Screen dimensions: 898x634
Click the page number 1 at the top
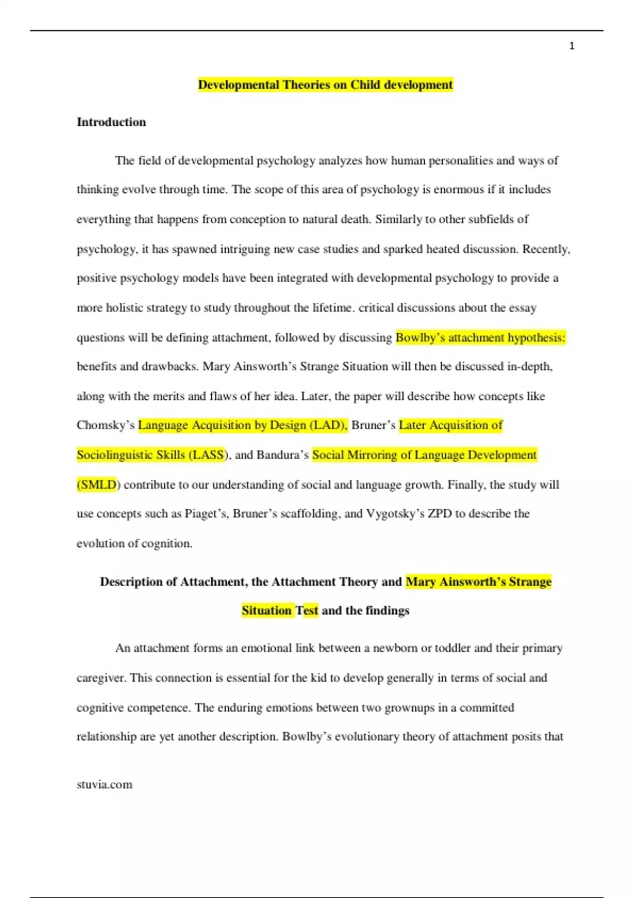point(572,46)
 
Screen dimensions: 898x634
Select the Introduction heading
point(111,122)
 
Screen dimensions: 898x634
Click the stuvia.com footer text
point(105,784)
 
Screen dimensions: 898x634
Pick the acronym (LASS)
point(209,455)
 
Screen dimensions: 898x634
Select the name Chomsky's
point(106,425)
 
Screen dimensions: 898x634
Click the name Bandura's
point(283,455)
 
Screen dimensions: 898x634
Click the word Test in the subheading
point(306,611)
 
